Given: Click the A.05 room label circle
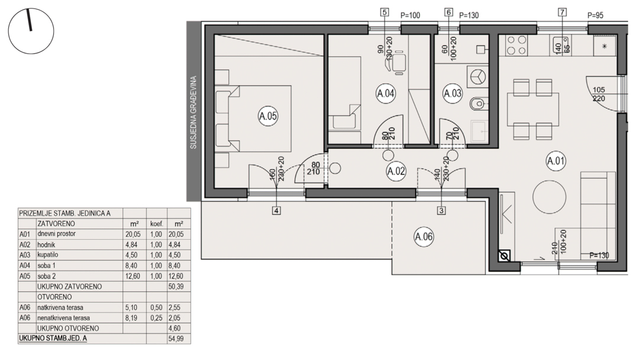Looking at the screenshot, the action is (268, 116).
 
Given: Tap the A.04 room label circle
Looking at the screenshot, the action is (386, 94).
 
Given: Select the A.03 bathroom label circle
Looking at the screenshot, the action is (453, 94).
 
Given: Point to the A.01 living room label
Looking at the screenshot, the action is (556, 161).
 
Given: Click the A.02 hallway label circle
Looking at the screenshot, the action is (396, 171).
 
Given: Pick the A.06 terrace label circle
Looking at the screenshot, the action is (424, 237).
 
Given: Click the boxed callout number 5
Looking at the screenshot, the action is (385, 12).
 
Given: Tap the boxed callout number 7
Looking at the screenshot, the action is (563, 12).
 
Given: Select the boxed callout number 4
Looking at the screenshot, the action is (277, 211).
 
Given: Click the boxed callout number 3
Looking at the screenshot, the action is (441, 210).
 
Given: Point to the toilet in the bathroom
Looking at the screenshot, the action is (477, 104).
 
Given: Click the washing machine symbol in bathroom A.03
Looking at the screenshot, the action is (477, 76).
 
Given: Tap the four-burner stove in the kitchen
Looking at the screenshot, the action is (517, 45).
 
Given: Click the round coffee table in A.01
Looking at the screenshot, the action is (549, 197).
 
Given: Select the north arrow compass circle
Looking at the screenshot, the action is (31, 31).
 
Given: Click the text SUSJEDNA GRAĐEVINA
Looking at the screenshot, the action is (193, 112).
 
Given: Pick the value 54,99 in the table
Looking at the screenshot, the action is (176, 339).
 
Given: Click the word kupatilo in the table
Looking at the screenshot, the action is (48, 255).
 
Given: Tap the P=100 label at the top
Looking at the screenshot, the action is (410, 15).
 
